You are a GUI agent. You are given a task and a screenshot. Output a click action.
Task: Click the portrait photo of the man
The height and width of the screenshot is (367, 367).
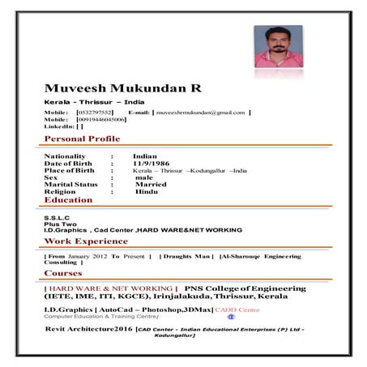pos(278,46)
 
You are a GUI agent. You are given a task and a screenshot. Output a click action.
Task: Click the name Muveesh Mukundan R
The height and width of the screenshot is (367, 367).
pos(122,87)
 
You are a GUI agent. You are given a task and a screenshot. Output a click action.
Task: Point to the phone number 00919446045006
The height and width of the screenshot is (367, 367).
pos(101,119)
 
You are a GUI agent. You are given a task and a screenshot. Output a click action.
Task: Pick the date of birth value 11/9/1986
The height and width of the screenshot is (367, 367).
pos(150,164)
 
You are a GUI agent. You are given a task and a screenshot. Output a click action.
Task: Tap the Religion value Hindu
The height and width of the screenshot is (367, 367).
pos(146,192)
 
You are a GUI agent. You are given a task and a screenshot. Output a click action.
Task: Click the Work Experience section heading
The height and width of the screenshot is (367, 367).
pos(86,241)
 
